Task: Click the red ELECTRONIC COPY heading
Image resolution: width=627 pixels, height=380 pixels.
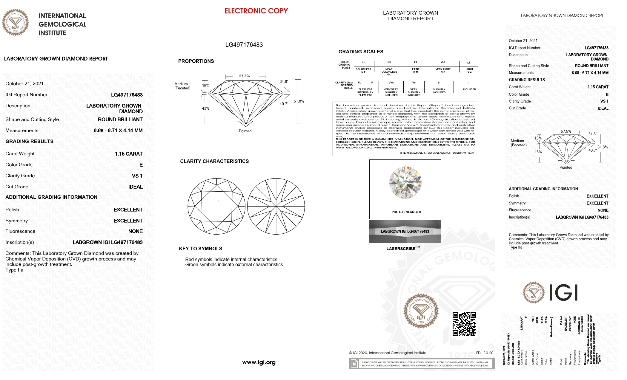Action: coord(256,11)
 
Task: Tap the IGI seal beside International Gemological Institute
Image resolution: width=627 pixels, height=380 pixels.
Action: coord(16,22)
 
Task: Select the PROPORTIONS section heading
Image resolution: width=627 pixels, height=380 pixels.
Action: coord(196,61)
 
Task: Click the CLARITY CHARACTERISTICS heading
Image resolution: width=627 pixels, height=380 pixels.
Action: coord(214,161)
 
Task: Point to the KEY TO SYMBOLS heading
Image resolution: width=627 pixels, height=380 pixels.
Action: coord(200,249)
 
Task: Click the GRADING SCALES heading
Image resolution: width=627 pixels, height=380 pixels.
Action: coord(361,52)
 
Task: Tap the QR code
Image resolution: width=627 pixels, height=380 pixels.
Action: coord(464,324)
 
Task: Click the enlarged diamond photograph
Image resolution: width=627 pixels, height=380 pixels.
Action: coord(405,182)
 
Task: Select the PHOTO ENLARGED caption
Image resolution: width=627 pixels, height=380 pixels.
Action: coord(406,212)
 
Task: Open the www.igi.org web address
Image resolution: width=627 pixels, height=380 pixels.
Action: coord(259,362)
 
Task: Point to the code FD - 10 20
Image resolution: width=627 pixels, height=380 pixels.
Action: coord(485,353)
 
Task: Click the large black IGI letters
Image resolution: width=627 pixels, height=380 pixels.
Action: coord(563,292)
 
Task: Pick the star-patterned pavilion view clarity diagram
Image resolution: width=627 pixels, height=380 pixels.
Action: coord(276,206)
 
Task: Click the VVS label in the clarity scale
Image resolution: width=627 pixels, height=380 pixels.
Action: coord(391,83)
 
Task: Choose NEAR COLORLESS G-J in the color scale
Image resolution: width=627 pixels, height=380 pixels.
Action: coord(389,72)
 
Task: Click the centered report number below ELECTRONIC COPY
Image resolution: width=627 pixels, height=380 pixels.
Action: coord(244,45)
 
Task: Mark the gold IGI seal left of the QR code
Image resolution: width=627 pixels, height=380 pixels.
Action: coord(421,311)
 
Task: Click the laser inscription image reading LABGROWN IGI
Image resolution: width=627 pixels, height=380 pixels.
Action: coord(405,231)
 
